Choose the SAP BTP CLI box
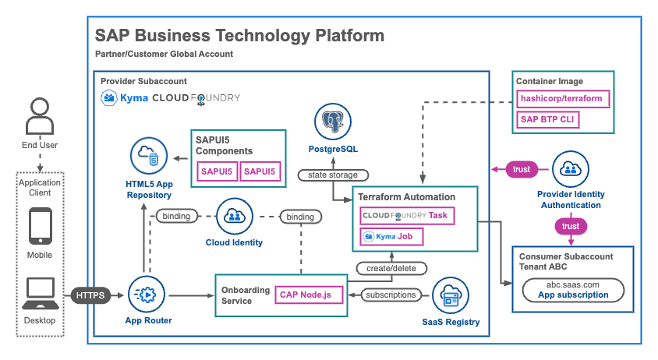pos(549,120)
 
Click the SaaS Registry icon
pos(451,295)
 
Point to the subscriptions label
pos(390,295)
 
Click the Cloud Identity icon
pos(233,216)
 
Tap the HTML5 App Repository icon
pos(150,157)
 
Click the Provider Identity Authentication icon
pos(571,168)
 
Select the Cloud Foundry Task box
pos(407,214)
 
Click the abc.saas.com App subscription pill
pos(572,291)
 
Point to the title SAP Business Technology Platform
pos(239,36)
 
